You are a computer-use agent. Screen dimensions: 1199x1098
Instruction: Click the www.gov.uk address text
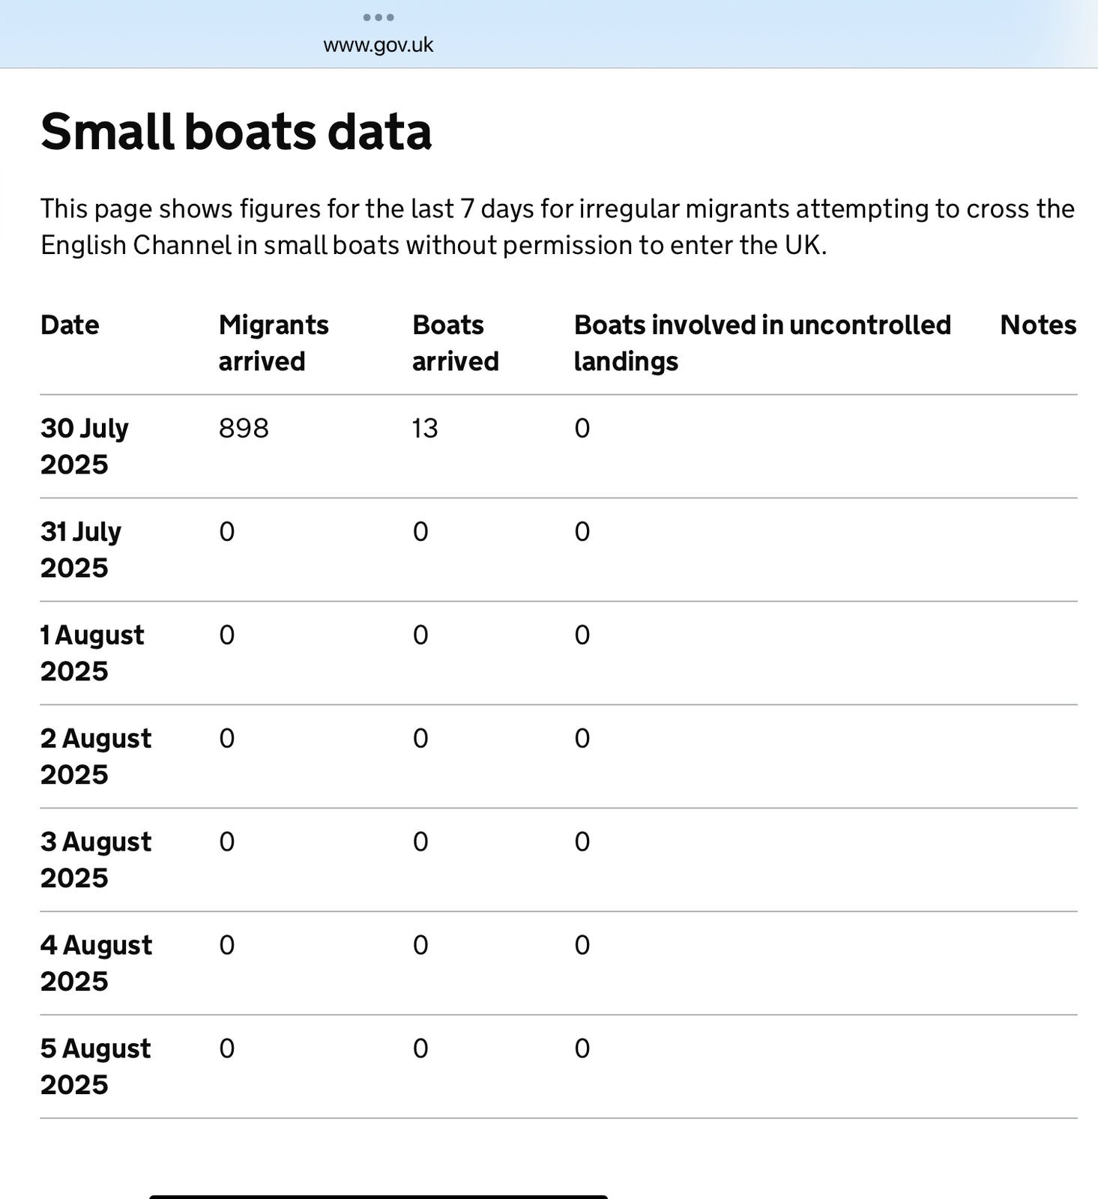[378, 45]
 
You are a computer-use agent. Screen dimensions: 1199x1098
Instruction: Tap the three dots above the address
[378, 17]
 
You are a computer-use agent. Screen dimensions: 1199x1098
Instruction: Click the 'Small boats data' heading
[236, 131]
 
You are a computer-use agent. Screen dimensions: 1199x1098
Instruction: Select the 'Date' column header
[70, 325]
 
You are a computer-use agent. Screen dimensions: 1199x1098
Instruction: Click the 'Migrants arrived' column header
[274, 343]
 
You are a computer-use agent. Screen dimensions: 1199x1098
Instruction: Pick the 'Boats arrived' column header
[455, 343]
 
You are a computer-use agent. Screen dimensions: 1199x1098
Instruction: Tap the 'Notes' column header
[1038, 325]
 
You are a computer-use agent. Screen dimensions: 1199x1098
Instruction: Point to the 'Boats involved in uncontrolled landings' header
[762, 343]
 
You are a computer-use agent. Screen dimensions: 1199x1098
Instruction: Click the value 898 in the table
[244, 429]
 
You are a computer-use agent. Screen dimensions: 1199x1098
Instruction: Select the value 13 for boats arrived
[425, 429]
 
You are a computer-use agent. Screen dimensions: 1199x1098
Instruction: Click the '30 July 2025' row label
[84, 447]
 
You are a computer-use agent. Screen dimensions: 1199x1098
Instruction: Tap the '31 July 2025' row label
[80, 550]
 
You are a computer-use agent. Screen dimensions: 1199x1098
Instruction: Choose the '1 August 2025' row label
[91, 653]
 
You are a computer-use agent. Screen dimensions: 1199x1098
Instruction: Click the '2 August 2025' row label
[95, 757]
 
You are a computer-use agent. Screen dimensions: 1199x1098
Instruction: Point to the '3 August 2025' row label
[95, 860]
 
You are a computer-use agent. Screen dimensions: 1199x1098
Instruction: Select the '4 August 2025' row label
[95, 964]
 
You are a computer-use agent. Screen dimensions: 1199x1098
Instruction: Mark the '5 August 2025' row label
[95, 1067]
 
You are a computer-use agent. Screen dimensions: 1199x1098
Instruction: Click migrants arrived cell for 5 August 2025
[226, 1049]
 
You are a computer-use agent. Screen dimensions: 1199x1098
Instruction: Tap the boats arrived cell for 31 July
[420, 532]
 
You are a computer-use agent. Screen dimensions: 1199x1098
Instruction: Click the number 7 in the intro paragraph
[467, 209]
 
